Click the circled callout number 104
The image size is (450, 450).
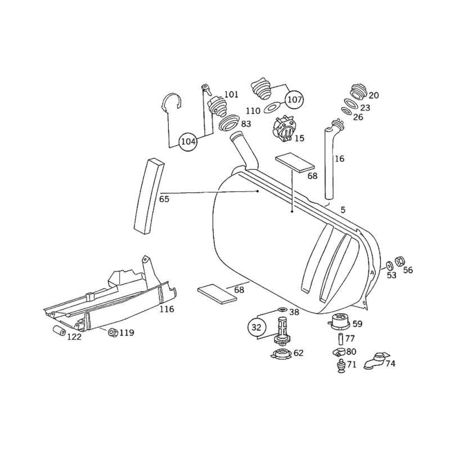click(x=188, y=142)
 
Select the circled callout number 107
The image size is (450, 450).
click(x=294, y=100)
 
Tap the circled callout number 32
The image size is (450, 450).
click(x=256, y=327)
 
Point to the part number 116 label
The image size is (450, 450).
click(x=166, y=309)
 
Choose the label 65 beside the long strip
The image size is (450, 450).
click(x=164, y=199)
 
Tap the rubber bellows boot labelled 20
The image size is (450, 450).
click(x=358, y=92)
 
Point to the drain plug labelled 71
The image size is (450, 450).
click(x=340, y=366)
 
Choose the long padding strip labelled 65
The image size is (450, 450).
click(x=148, y=195)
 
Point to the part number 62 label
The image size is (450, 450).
click(x=298, y=353)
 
